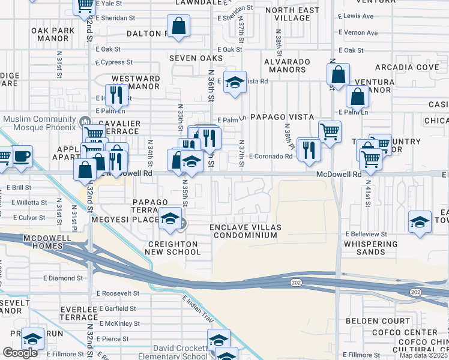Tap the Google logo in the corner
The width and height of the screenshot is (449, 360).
20,353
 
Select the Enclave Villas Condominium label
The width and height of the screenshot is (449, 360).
245,231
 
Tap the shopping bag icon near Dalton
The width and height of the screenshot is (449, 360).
178,26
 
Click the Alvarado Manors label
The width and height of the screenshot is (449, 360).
285,65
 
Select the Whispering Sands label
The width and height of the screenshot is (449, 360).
371,248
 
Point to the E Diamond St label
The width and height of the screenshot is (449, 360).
63,278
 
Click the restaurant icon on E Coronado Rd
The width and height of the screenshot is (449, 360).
309,149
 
